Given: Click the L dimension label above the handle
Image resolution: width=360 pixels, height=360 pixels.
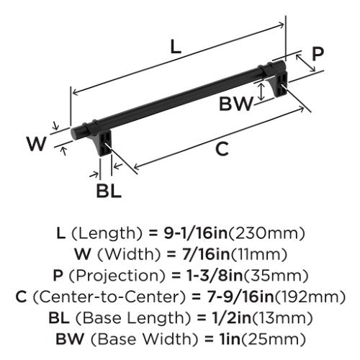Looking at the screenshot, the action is pyautogui.click(x=176, y=47).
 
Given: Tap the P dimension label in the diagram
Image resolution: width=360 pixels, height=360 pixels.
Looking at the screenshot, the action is pyautogui.click(x=318, y=54).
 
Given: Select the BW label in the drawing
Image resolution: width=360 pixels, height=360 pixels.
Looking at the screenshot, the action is pyautogui.click(x=236, y=104).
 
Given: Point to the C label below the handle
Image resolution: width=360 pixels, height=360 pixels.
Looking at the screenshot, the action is pyautogui.click(x=222, y=149).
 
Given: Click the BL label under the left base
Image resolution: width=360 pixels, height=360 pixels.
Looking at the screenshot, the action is pyautogui.click(x=109, y=191).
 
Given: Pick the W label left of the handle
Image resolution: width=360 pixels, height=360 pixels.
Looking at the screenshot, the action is pyautogui.click(x=36, y=143).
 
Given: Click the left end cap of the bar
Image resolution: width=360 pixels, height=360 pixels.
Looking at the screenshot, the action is pyautogui.click(x=77, y=132).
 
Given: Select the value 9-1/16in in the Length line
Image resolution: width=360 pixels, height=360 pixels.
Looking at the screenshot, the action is pyautogui.click(x=196, y=233).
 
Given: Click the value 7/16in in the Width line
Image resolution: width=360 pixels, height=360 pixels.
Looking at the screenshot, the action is pyautogui.click(x=206, y=254).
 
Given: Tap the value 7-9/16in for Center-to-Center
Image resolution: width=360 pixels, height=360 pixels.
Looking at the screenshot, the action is pyautogui.click(x=240, y=297).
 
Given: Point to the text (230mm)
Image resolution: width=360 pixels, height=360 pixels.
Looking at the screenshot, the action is pyautogui.click(x=266, y=233).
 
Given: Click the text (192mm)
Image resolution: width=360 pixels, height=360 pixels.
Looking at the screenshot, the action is pyautogui.click(x=310, y=297).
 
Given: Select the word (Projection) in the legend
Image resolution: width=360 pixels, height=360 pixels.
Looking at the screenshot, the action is pyautogui.click(x=117, y=276).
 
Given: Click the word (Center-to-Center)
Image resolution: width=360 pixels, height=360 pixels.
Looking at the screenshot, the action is pyautogui.click(x=109, y=297).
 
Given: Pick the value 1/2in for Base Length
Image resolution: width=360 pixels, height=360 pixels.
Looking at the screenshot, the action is pyautogui.click(x=231, y=318).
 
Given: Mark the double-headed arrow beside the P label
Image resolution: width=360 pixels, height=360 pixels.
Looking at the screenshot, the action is pyautogui.click(x=305, y=63).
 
